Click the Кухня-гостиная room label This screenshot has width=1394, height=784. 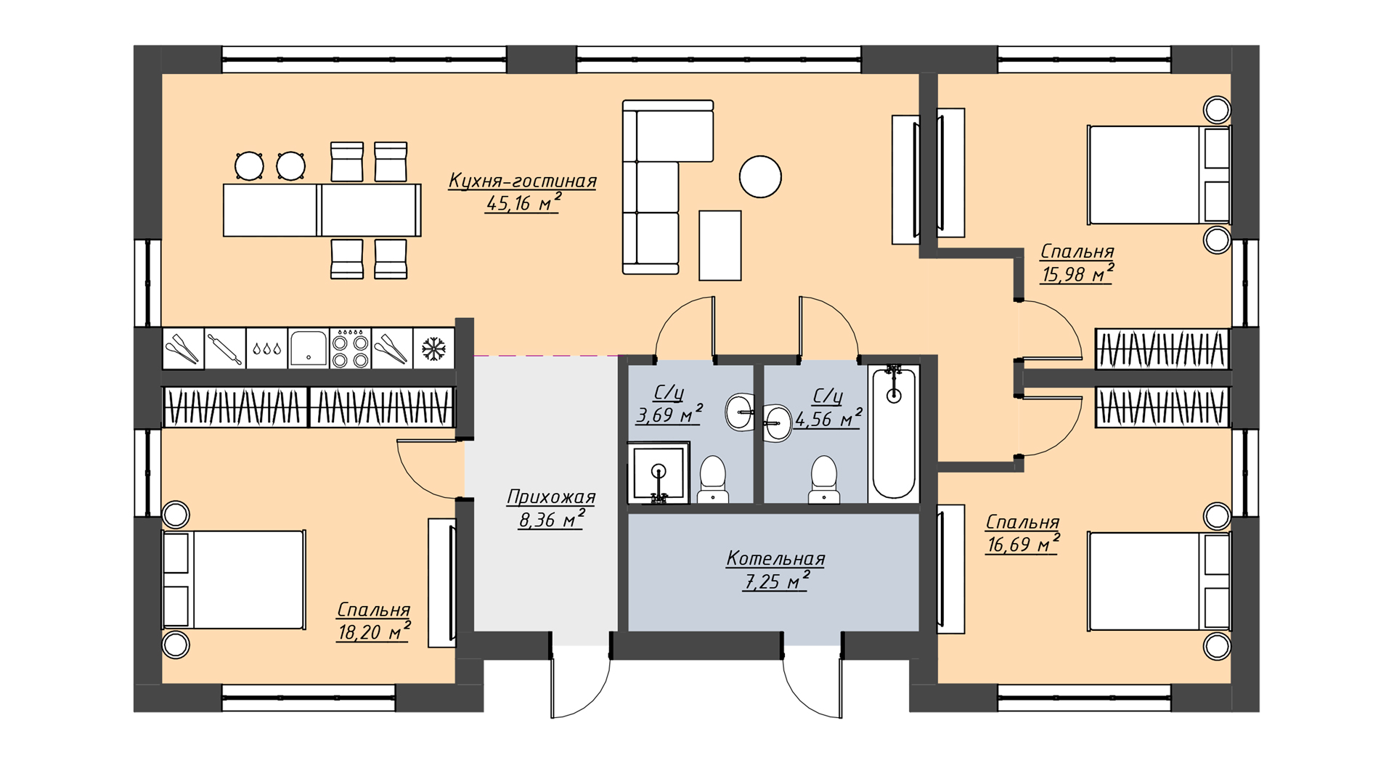[x=522, y=181]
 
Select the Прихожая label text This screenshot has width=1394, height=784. [x=551, y=497]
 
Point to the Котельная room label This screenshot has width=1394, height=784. [x=775, y=558]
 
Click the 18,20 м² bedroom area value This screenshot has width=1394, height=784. [x=374, y=632]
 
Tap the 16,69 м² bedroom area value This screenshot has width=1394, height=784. [x=1023, y=544]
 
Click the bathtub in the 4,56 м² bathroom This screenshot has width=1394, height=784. [x=894, y=433]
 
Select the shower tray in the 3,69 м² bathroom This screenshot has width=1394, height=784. [x=659, y=473]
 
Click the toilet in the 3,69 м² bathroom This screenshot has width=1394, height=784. [x=713, y=479]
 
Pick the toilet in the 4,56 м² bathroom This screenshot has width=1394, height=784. [x=824, y=479]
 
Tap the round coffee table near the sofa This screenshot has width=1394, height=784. [x=760, y=177]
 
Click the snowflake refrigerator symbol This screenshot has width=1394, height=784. [x=433, y=348]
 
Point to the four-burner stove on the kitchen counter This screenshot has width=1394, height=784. [x=351, y=348]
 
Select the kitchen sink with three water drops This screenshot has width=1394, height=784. [x=267, y=348]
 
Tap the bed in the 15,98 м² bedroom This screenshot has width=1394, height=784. [x=1159, y=175]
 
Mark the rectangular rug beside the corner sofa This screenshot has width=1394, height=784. [x=720, y=245]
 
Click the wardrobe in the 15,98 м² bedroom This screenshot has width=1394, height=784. [x=1162, y=348]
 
